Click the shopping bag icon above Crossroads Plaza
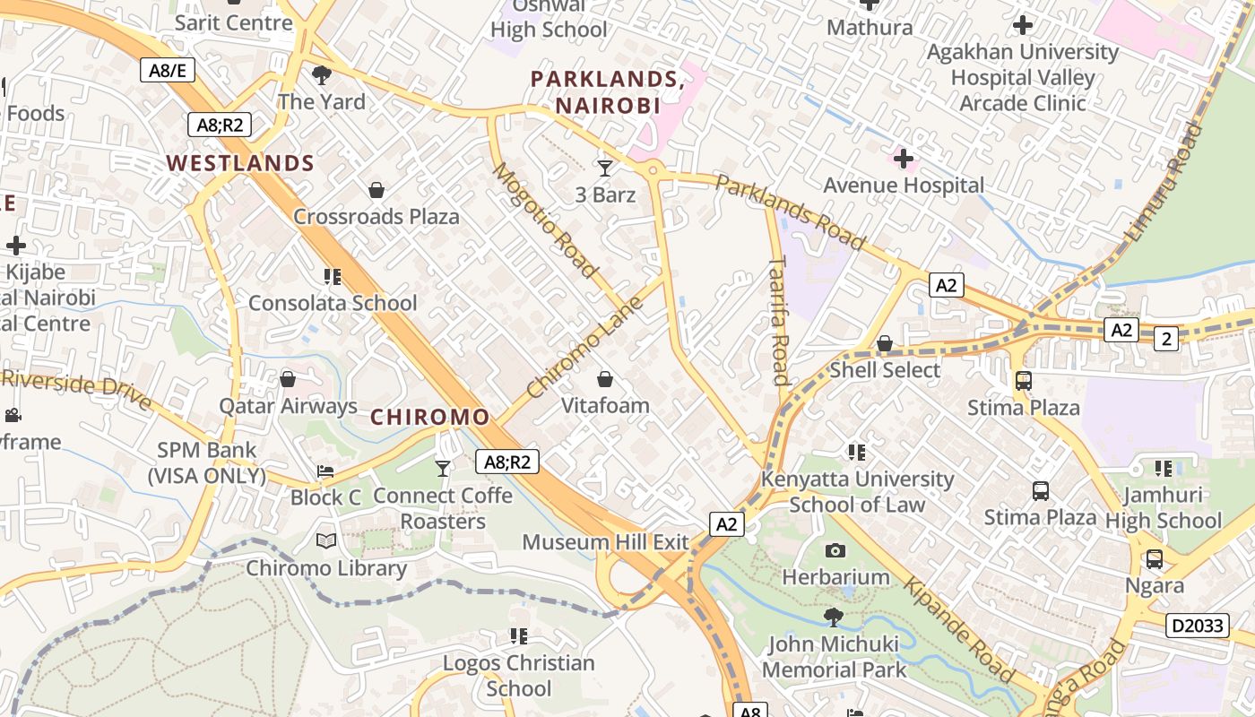point(376,190)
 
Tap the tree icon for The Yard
point(321,75)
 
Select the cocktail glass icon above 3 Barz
point(605,168)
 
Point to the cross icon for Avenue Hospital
point(904,160)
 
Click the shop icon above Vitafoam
point(605,379)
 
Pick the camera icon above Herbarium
point(835,550)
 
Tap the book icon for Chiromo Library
point(326,541)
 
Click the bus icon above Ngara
point(1155,559)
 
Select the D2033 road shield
point(1198,626)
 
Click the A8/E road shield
point(168,70)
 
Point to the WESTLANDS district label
point(240,163)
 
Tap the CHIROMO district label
point(430,417)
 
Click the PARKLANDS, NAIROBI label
point(608,92)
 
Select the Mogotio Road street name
point(544,220)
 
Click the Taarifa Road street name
point(778,320)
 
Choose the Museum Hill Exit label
point(605,542)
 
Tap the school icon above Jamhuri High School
point(1164,468)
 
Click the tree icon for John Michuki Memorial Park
point(834,618)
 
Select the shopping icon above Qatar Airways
point(288,379)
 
